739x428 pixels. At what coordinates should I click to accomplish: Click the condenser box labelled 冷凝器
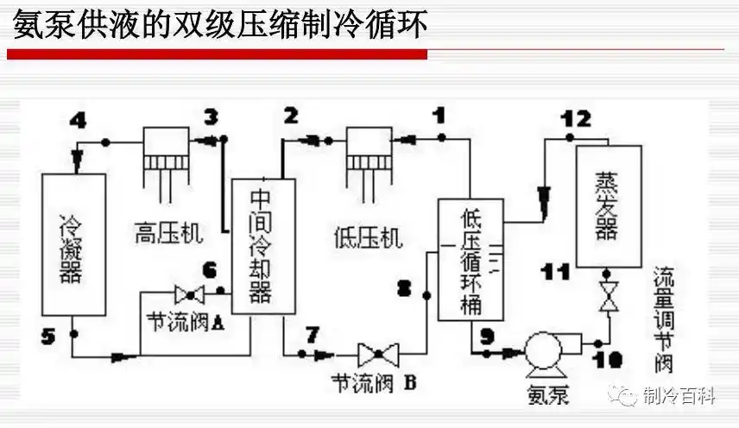click(x=73, y=244)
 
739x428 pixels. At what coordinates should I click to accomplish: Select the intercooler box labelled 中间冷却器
click(x=262, y=246)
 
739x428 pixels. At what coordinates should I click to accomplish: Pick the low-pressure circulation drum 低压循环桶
click(x=470, y=260)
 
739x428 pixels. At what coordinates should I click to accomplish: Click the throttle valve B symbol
click(x=377, y=352)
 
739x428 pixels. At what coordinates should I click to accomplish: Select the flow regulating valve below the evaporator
click(x=608, y=295)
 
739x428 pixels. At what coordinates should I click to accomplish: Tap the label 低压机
click(x=369, y=236)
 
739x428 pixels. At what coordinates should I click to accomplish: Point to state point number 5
click(x=48, y=335)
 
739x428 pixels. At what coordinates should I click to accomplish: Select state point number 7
click(x=312, y=332)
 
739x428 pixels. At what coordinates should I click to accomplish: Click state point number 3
click(x=212, y=116)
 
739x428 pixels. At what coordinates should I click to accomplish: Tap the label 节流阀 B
click(x=374, y=381)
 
